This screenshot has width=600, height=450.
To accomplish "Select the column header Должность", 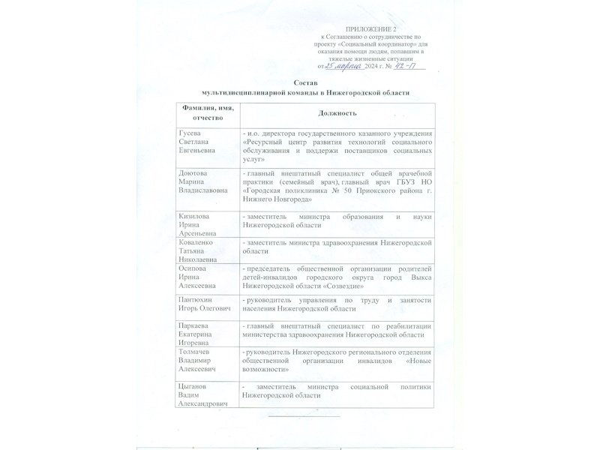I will pos(336,112).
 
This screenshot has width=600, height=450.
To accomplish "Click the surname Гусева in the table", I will pos(190,133).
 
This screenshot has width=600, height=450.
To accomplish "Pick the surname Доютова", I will pos(193,172).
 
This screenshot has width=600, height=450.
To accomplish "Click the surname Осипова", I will pos(193,268).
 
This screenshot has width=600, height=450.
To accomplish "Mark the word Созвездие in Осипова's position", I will pos(343,286).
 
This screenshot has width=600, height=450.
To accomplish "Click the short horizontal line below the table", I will pos(304,415).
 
